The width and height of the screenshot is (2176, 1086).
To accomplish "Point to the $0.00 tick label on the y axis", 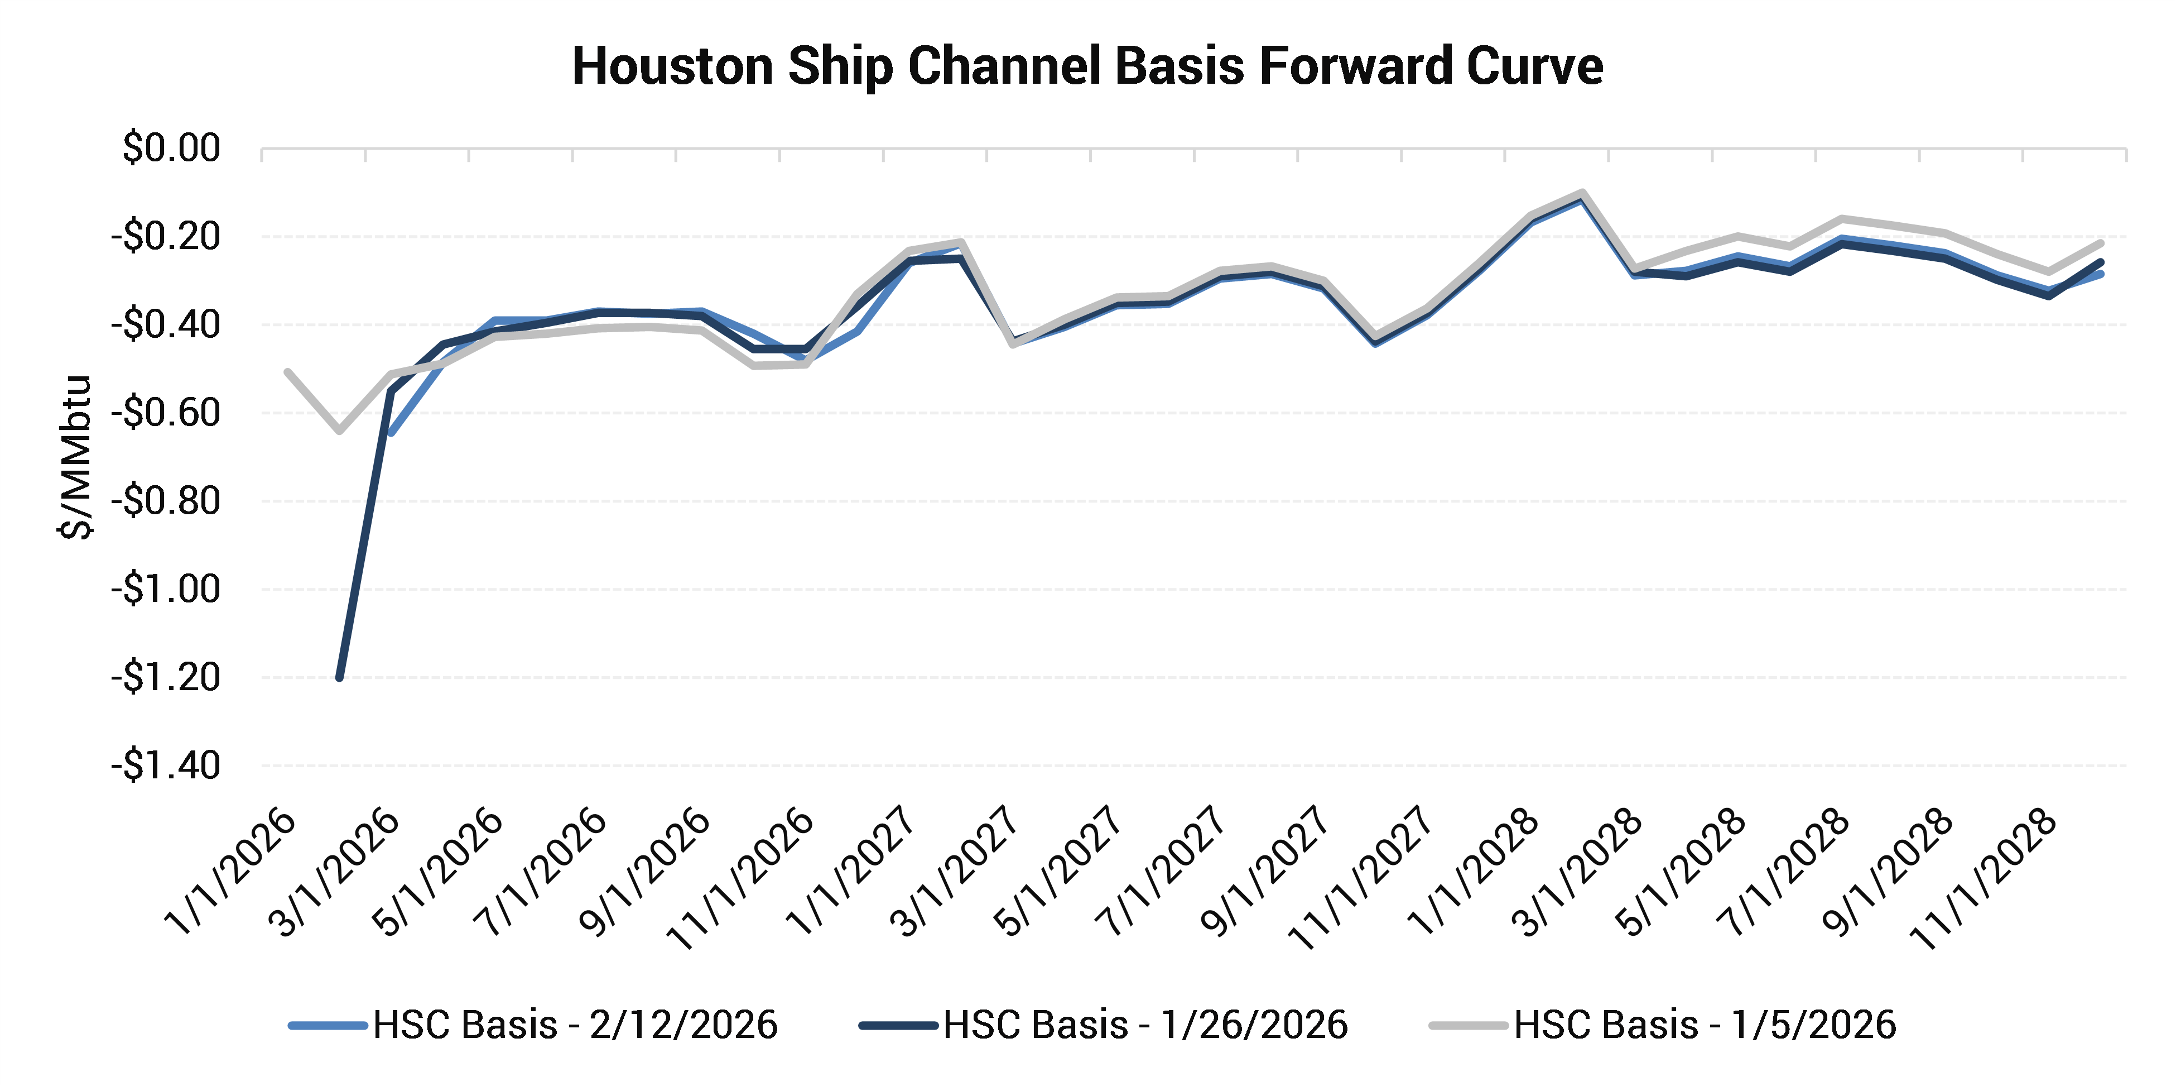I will [171, 148].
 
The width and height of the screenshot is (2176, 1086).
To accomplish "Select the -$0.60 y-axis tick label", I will [166, 413].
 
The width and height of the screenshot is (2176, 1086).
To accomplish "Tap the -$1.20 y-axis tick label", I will [166, 678].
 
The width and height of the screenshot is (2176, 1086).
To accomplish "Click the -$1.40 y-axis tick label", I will [166, 766].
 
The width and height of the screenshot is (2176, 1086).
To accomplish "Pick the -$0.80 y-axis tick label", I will [166, 501].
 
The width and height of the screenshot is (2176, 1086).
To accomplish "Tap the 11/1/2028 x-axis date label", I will [1985, 879].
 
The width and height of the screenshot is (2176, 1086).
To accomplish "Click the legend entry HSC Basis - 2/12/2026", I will [575, 1025].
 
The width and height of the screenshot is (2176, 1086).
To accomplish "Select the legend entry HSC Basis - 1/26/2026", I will [1144, 1025].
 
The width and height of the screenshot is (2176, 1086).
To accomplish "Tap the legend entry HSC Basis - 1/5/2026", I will [1705, 1025].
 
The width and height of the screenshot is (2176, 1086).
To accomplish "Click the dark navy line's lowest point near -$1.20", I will [340, 677].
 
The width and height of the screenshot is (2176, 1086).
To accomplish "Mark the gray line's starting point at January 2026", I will [288, 372].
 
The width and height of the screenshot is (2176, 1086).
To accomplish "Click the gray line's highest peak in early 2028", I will [1581, 194].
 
